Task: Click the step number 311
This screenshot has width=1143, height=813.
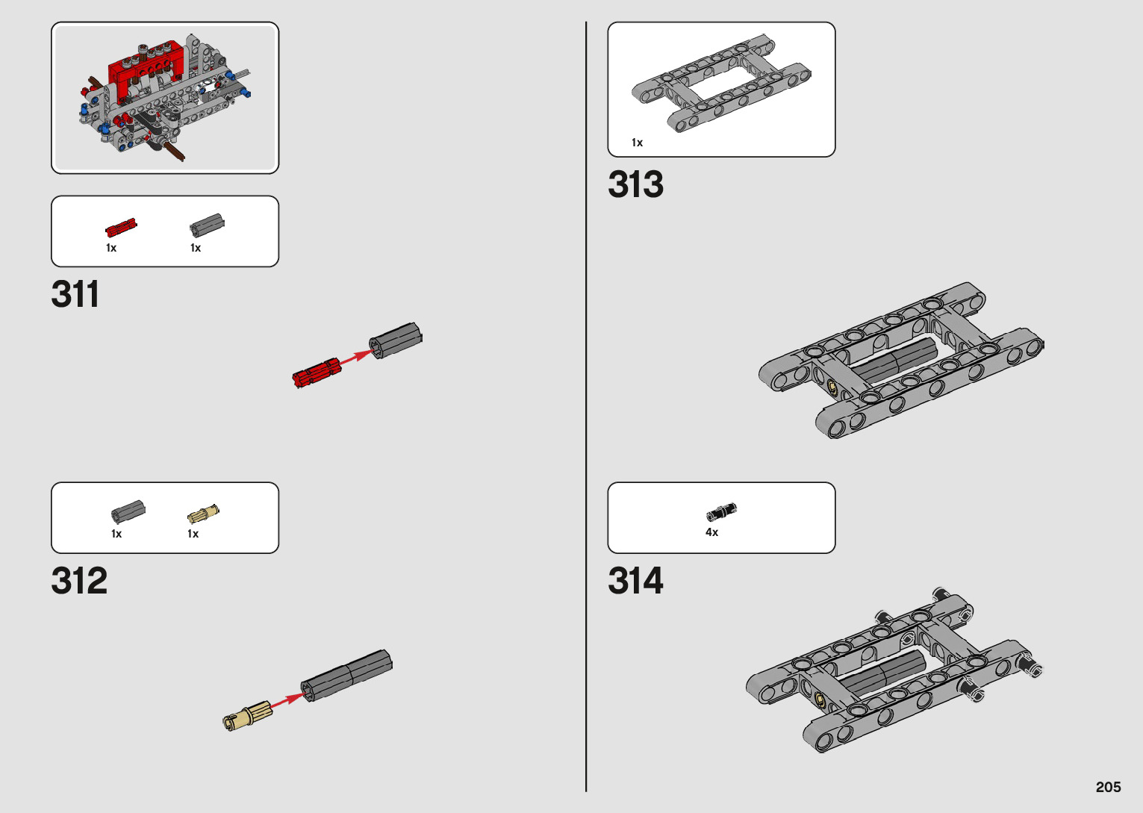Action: pos(75,295)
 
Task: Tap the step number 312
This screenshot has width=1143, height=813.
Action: pos(79,581)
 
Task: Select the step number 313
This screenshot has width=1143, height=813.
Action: pos(635,184)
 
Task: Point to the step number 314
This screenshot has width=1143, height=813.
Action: pos(635,581)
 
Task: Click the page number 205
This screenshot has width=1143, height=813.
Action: pos(1108,787)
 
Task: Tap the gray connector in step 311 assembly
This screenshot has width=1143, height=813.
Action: pos(396,340)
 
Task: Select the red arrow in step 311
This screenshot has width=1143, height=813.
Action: pos(355,356)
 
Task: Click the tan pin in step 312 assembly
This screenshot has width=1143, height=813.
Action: pos(247,714)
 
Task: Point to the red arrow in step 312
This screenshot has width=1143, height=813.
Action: pos(285,702)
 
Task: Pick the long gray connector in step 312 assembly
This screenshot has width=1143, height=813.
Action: pos(346,675)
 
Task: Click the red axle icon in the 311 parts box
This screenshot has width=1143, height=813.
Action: pos(121,227)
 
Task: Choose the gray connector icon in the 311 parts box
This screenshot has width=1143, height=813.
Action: pos(207,224)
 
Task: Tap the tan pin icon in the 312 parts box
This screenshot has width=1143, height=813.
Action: pos(203,514)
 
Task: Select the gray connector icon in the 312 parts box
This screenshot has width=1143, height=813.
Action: pos(128,511)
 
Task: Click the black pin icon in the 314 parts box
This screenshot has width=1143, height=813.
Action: pos(721,512)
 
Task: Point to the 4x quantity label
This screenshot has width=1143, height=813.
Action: pos(711,532)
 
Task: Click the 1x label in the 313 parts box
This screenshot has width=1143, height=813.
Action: pos(637,143)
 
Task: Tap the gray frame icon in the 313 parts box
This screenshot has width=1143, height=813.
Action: pos(721,83)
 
